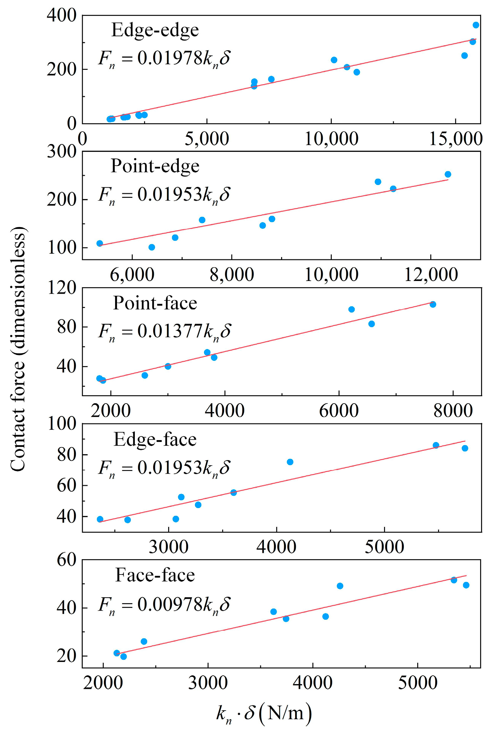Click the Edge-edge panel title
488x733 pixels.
click(155, 30)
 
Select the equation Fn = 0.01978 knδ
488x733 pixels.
click(164, 58)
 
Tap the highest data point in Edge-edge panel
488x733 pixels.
click(476, 25)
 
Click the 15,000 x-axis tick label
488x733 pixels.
click(456, 139)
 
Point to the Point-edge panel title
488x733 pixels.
click(155, 166)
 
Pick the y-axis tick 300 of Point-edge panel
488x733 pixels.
click(62, 152)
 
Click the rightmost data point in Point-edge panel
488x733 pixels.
click(448, 174)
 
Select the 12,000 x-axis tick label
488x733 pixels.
click(431, 275)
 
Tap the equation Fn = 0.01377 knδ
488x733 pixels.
click(164, 331)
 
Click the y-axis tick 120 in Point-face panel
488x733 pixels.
click(62, 288)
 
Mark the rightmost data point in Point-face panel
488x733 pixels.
click(433, 304)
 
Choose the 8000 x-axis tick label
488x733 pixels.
click(453, 411)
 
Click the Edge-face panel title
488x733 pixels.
click(155, 439)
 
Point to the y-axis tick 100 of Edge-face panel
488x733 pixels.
click(62, 424)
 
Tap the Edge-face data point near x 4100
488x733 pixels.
click(290, 462)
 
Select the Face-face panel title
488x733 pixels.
click(155, 575)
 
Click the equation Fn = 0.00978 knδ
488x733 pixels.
click(164, 605)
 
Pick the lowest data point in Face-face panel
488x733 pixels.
click(124, 657)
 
